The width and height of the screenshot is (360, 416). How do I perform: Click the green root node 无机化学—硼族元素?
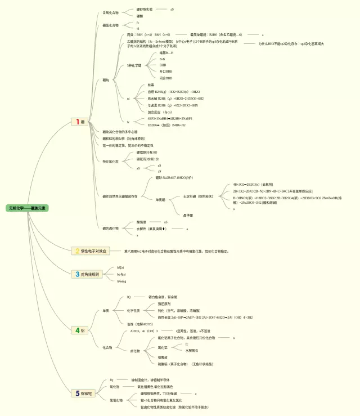point(28,208)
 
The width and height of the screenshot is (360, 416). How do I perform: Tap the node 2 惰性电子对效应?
point(89,251)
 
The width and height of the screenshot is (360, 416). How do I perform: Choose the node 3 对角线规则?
point(87,274)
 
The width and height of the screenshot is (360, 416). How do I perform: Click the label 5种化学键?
point(135,65)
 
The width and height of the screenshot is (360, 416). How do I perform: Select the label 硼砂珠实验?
point(145,10)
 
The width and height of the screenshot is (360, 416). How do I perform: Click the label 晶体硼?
point(188,215)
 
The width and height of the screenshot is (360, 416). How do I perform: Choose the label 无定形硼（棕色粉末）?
point(199,196)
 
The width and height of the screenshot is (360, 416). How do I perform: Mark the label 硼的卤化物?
point(111,229)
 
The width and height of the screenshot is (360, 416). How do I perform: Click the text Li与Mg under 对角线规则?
point(121,281)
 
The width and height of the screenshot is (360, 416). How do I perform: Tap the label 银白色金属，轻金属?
point(163,297)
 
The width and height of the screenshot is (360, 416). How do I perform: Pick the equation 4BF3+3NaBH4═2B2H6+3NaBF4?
point(170,119)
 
